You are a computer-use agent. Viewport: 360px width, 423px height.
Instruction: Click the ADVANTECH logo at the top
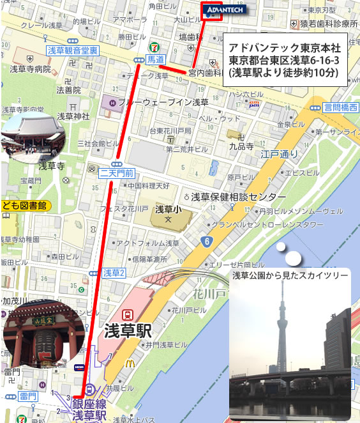coord(221,10)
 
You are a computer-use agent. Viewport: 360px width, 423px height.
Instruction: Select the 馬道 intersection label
coord(154,59)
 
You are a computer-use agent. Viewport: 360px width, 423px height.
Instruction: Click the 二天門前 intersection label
coord(117,173)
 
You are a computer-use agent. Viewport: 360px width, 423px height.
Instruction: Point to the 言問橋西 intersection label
coord(340,107)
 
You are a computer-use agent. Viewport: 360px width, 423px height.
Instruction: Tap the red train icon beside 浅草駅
coord(128,314)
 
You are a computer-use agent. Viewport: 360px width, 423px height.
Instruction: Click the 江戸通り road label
coord(275,153)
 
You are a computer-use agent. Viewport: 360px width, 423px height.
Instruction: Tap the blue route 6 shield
coord(207,240)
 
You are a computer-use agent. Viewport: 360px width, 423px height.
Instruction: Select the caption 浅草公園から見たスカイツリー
coord(290,275)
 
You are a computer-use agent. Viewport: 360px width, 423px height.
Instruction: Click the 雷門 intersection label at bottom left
coord(27,397)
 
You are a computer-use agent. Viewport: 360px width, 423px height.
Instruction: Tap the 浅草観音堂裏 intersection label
coord(72,50)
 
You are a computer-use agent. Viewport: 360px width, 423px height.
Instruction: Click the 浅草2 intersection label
coord(114,273)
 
